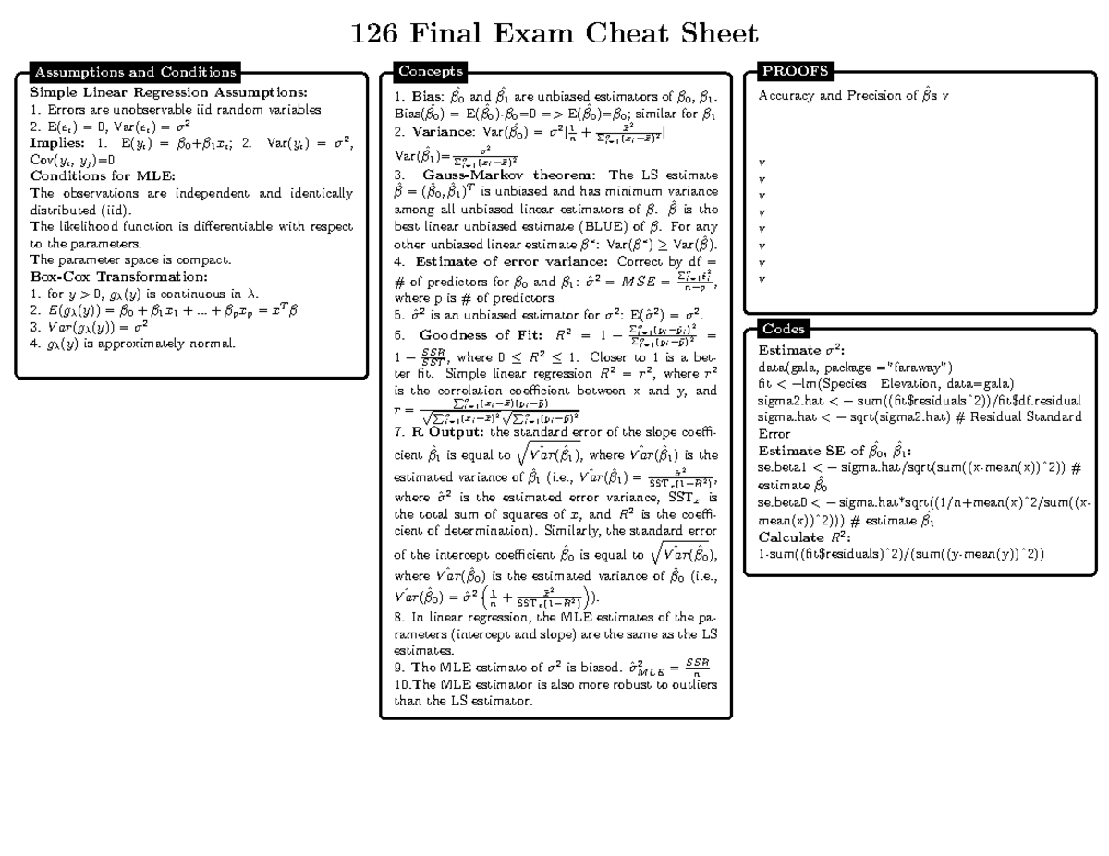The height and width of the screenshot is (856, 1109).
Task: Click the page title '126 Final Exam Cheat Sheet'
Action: [x=554, y=35]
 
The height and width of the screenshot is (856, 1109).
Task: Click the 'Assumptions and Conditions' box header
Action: [x=135, y=72]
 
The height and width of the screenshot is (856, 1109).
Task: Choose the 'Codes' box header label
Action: [x=784, y=329]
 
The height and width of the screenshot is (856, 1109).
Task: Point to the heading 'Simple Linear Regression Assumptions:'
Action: [x=168, y=93]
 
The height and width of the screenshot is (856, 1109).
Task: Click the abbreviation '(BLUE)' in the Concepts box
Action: [x=599, y=226]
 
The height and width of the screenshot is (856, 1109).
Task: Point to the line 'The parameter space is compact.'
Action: [x=130, y=259]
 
